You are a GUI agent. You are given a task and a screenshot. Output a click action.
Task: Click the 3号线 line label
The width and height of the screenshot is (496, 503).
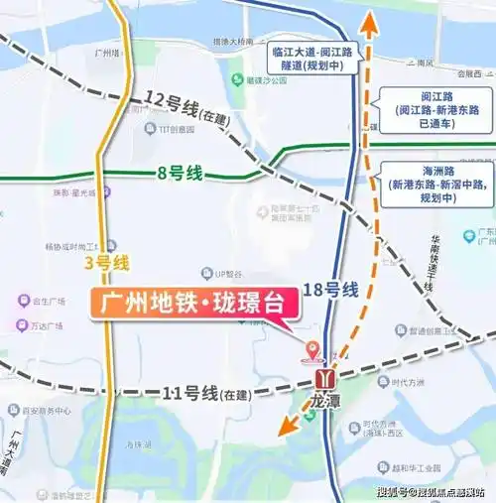[x=107, y=264]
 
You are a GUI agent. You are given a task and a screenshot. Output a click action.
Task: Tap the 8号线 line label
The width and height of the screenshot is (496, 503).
[x=181, y=174]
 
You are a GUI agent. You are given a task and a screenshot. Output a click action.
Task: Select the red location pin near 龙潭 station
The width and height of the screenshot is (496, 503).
[x=314, y=348]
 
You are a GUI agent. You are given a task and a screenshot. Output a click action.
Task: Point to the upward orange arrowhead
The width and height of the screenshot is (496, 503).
[x=369, y=22]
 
